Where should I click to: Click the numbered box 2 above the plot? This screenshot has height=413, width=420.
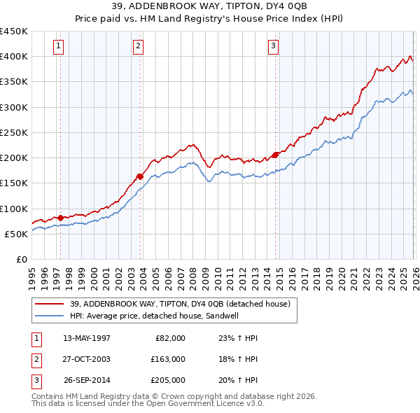pyautogui.click(x=138, y=47)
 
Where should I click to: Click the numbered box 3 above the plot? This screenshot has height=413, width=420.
pyautogui.click(x=272, y=47)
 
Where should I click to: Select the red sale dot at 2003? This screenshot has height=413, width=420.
pyautogui.click(x=141, y=176)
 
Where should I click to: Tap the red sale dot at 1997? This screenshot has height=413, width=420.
pyautogui.click(x=60, y=218)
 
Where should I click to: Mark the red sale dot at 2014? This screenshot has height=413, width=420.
pyautogui.click(x=275, y=155)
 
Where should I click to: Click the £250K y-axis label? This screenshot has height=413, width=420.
pyautogui.click(x=14, y=132)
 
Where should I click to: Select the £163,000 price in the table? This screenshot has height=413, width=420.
pyautogui.click(x=168, y=359)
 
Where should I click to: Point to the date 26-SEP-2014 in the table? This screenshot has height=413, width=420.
pyautogui.click(x=87, y=380)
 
